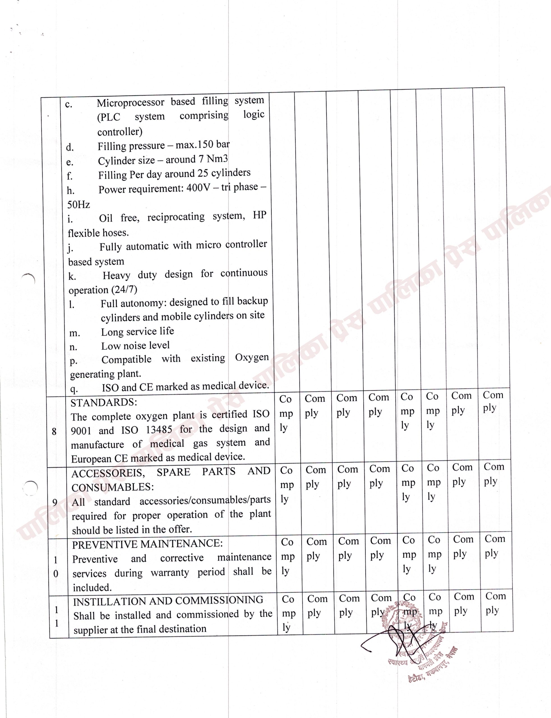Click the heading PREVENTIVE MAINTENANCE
[147, 544]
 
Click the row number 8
[54, 432]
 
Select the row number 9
[55, 502]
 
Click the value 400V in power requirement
[198, 188]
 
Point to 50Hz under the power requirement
[79, 205]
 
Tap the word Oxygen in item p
[252, 357]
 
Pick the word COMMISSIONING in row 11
[219, 600]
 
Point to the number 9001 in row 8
[81, 431]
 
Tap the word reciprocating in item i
[176, 217]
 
